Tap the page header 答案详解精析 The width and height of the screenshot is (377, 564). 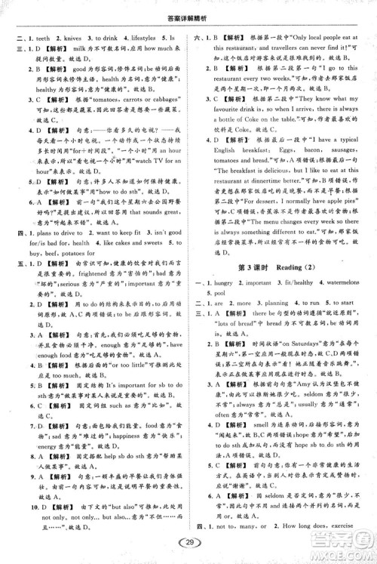coord(188,10)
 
